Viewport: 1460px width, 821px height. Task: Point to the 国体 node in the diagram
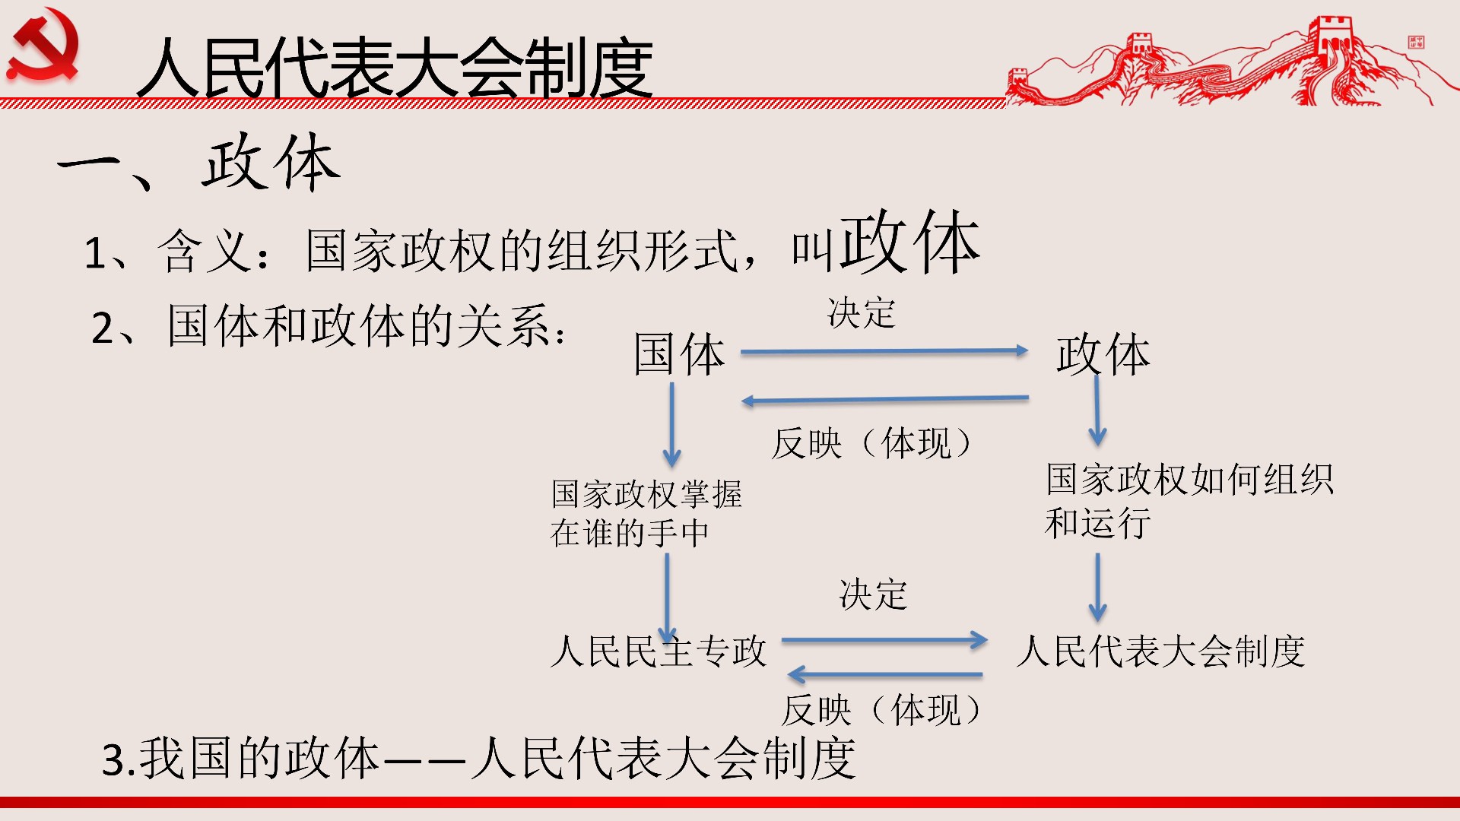(680, 354)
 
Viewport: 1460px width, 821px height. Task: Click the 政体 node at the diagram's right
(1103, 354)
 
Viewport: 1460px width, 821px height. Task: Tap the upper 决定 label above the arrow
(862, 312)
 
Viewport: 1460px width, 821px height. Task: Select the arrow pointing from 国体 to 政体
(884, 351)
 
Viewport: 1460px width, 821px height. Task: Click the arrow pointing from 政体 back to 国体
(885, 399)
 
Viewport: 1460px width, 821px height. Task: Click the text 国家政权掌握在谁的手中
(646, 513)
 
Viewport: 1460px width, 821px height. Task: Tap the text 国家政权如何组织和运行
(1189, 501)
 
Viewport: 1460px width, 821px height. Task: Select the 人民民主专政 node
(659, 651)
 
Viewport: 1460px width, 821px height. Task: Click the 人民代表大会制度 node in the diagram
(1161, 651)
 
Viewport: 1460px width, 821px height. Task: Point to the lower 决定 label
(873, 594)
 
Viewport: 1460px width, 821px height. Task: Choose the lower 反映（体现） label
(882, 711)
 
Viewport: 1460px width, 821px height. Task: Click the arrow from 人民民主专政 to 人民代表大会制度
(885, 640)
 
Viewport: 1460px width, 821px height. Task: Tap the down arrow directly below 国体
(671, 425)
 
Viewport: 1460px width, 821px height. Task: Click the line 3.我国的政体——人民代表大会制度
(479, 758)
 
